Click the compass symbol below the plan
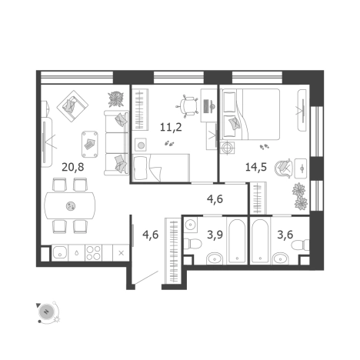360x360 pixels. coord(45,311)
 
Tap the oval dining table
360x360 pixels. coord(71,205)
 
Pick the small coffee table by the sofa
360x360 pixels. coord(89,141)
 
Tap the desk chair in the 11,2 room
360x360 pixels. coord(189,105)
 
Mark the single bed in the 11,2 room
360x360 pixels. coord(162,167)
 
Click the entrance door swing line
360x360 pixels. coord(146,278)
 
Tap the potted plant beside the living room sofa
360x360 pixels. coord(115,99)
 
